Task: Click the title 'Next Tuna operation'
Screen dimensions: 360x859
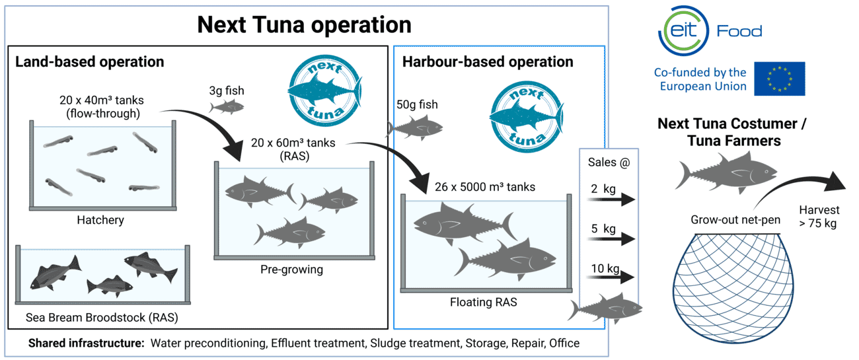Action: pos(304,24)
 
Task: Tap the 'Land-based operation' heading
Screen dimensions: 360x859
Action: pos(89,62)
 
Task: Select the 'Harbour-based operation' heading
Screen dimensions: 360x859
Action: pos(488,62)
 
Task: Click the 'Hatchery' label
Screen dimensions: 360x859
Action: pos(100,220)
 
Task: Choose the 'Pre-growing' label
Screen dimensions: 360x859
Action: pos(293,270)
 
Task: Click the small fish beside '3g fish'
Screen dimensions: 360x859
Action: pos(227,106)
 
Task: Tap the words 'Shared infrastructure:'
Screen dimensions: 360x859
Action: pos(86,343)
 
